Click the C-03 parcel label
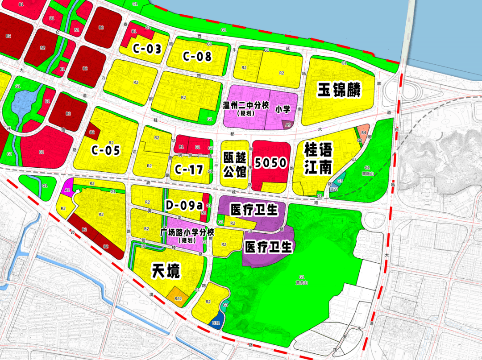point(147,49)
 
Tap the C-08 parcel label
point(197,57)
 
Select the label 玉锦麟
point(339,90)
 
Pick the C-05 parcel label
point(106,151)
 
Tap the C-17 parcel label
point(189,170)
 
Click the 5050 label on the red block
point(270,163)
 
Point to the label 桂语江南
point(318,158)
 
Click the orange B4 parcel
point(364,132)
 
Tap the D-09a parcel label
point(184,205)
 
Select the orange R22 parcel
point(178,298)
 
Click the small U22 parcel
point(333,190)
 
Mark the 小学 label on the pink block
point(283,109)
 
